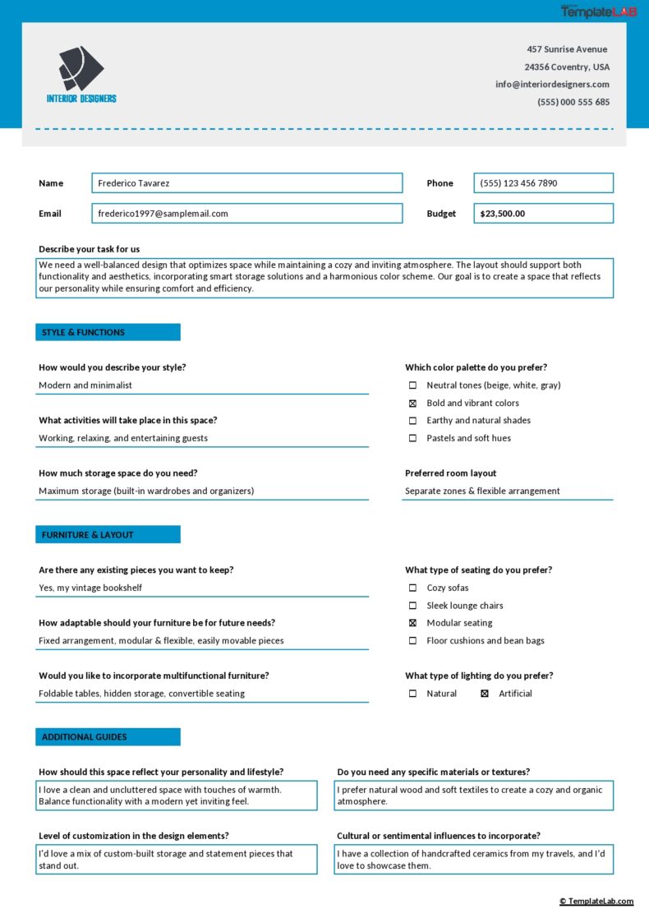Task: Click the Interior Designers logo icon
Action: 81,68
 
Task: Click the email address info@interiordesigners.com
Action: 552,84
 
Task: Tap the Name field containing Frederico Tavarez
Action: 246,183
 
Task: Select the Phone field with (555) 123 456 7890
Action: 543,183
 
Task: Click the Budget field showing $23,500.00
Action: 543,214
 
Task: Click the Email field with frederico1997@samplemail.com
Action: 246,214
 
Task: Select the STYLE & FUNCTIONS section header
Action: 108,332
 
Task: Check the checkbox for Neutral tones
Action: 412,385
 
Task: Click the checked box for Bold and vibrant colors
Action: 412,404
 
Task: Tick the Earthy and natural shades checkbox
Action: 412,421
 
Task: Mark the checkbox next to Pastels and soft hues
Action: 412,438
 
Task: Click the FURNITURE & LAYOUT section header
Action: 108,534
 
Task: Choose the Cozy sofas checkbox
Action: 412,588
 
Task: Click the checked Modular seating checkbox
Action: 412,623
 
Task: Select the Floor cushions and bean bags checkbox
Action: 412,641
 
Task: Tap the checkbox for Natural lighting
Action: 412,694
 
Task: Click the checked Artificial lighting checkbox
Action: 484,694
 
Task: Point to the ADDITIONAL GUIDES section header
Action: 108,736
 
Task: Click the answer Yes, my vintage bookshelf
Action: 90,588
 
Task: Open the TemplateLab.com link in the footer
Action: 596,902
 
